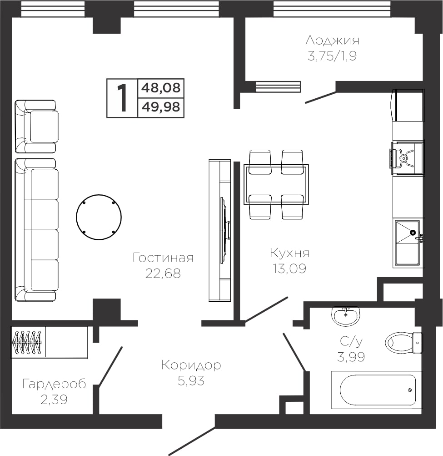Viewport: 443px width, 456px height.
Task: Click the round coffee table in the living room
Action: [99, 217]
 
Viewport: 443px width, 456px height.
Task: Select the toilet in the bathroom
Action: [404, 343]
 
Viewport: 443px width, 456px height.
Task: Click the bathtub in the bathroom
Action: [377, 390]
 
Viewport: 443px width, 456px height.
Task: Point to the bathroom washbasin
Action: [346, 316]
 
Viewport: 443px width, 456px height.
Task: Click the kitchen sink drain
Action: [413, 233]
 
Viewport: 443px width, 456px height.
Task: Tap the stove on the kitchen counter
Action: [406, 159]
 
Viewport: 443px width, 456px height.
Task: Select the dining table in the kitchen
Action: [276, 185]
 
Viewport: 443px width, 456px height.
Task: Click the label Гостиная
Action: [163, 258]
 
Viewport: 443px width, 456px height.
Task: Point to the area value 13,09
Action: [289, 269]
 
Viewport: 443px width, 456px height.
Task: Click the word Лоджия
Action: [332, 41]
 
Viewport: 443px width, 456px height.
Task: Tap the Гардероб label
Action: [54, 384]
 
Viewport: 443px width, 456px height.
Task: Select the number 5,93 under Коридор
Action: [191, 380]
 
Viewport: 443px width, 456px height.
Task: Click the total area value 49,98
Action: [161, 107]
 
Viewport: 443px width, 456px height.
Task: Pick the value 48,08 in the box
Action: [161, 88]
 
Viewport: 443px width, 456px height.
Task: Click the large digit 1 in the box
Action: [122, 98]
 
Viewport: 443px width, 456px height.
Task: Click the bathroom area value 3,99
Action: [351, 356]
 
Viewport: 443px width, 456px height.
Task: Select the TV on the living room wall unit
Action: [225, 231]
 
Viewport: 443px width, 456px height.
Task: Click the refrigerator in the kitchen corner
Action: [408, 105]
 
